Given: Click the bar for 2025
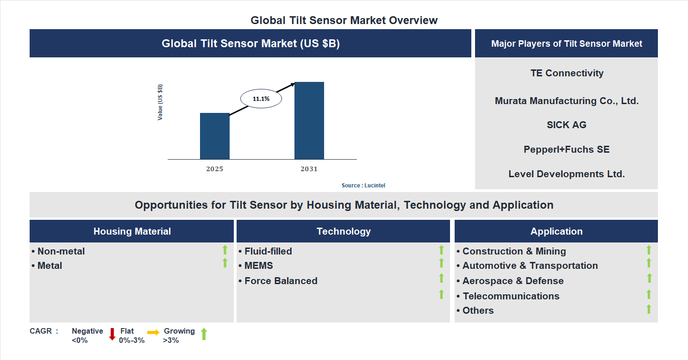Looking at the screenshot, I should (x=214, y=136).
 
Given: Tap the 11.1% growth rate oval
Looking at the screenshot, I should (x=261, y=99).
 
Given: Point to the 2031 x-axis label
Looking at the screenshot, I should (x=309, y=169).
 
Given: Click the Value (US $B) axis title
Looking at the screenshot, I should (x=160, y=102).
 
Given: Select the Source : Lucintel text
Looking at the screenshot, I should (x=363, y=186).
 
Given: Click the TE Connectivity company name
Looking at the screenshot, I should (x=567, y=73).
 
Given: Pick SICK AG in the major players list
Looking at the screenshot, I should (x=566, y=125).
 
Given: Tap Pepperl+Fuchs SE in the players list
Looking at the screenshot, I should (x=566, y=149).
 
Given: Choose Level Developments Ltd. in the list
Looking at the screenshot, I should (x=566, y=174).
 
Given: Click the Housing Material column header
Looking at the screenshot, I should (x=132, y=231).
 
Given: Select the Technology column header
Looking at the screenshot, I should (x=343, y=231).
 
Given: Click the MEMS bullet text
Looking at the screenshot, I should (x=258, y=266).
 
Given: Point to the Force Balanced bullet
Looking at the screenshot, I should (x=281, y=281).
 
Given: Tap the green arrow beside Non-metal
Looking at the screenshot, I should (x=225, y=250).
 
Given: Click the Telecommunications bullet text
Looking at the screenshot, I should (x=511, y=296).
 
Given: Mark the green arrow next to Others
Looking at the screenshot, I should (x=649, y=309).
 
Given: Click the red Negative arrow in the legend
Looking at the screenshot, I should (x=112, y=334).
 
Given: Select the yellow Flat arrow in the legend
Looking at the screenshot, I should (x=153, y=332).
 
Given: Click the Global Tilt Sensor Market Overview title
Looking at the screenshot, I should (x=344, y=20).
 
